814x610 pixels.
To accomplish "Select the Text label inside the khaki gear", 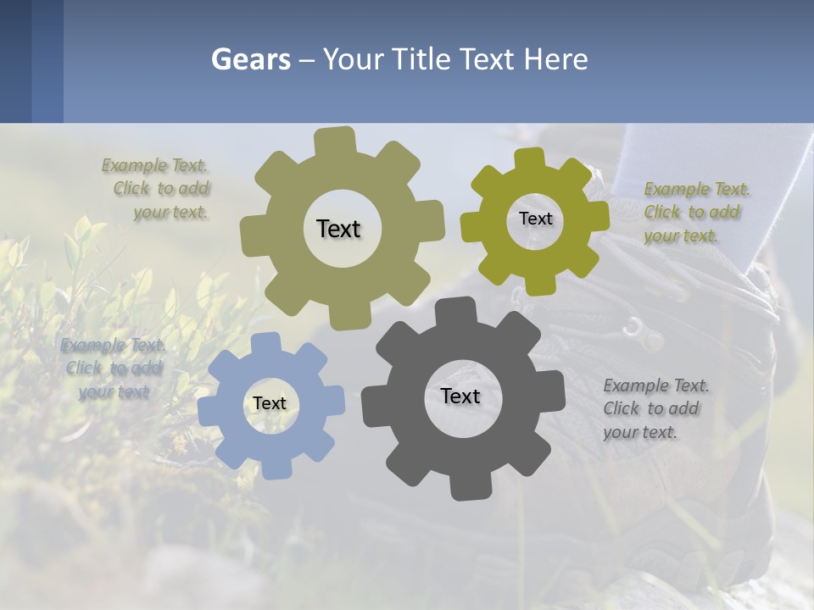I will point(338,229).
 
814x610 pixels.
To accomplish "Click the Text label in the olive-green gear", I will point(535,219).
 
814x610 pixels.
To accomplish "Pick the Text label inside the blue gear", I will point(270,403).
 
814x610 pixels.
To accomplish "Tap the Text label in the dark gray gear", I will point(460,396).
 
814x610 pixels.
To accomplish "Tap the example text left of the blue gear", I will point(114,369).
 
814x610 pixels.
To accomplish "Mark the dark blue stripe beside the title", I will point(47,61).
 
